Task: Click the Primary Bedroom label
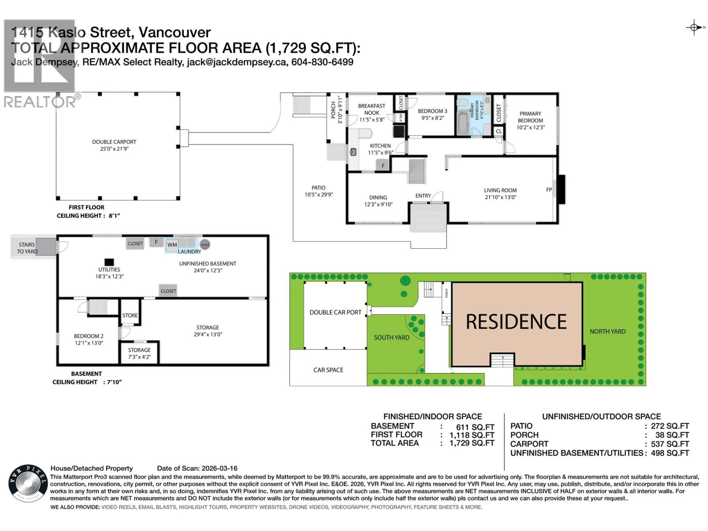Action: click(x=530, y=117)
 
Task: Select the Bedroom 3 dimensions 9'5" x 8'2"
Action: click(x=432, y=118)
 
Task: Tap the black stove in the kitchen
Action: click(x=399, y=131)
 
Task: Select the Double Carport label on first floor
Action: click(x=114, y=142)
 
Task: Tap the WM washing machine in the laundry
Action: click(x=172, y=245)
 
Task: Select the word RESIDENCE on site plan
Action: click(x=516, y=322)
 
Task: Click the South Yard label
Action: click(x=391, y=337)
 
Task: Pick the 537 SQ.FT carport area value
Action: click(x=670, y=444)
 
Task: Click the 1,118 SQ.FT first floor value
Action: click(x=472, y=435)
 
